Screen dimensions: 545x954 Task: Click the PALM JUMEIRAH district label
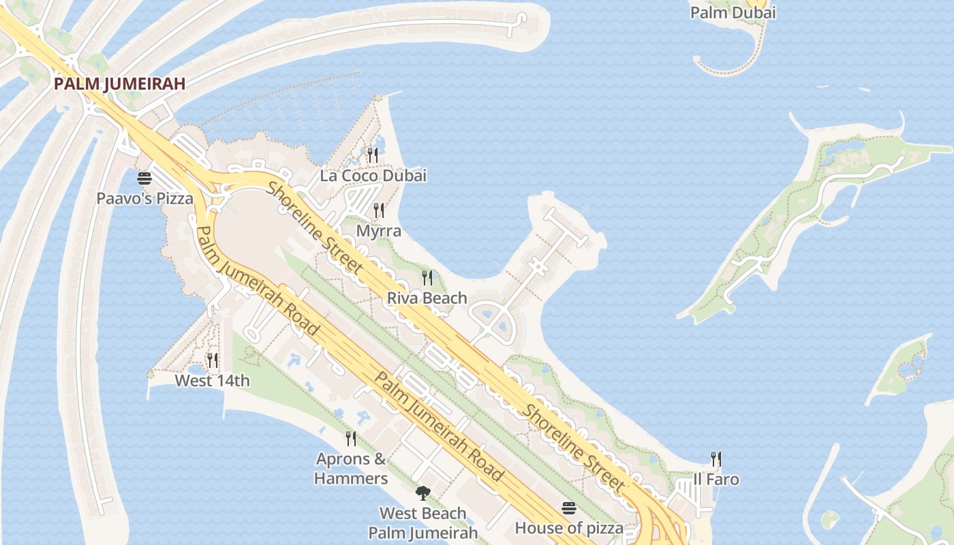119,84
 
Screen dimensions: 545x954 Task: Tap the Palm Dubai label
733,12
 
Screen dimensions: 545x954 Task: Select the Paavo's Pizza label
144,198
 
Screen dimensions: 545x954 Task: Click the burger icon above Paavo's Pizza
144,178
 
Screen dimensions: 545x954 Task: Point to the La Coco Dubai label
373,175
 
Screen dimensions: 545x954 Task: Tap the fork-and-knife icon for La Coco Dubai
372,155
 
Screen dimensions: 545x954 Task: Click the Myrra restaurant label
379,231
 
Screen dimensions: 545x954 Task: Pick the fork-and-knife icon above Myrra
379,210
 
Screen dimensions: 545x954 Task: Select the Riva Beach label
427,298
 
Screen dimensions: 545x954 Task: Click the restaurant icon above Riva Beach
427,277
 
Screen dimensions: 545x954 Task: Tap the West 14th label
213,380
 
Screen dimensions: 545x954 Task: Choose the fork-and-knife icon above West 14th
213,360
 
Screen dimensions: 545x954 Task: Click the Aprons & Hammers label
351,469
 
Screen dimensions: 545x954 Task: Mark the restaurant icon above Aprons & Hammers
351,438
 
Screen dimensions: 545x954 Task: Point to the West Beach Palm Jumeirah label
423,523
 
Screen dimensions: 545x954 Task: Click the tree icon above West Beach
423,493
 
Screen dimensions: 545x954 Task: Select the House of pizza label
569,528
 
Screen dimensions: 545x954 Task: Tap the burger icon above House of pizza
569,508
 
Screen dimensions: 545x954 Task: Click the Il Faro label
716,479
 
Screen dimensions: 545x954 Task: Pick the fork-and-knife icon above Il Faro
716,458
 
